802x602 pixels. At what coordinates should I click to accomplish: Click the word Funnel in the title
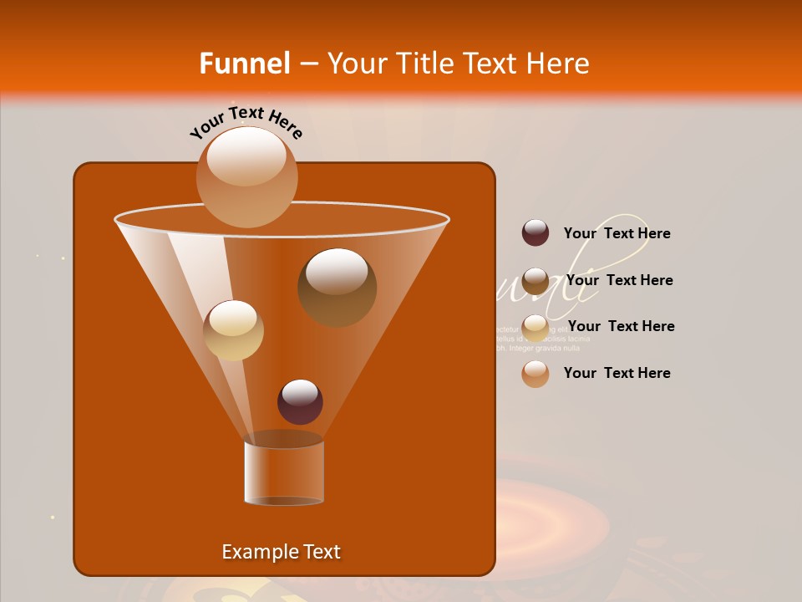(x=245, y=64)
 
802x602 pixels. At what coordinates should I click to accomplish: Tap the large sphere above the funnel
(x=246, y=177)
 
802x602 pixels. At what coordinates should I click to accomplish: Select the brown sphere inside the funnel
(x=337, y=287)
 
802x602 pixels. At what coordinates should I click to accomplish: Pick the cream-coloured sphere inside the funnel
(x=233, y=330)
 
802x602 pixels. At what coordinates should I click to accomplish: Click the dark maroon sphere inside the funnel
(x=300, y=401)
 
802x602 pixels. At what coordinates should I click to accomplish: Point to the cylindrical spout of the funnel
(x=284, y=472)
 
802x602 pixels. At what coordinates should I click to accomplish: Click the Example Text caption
(x=281, y=552)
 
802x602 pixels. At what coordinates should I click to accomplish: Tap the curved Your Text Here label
(x=246, y=121)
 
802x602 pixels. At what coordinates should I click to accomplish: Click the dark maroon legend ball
(x=536, y=233)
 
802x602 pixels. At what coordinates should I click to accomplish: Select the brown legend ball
(x=536, y=280)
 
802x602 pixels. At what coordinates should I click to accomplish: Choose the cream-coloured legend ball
(x=536, y=327)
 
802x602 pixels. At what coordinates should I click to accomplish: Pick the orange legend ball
(x=536, y=374)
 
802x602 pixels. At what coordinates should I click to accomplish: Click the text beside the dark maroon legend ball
(x=617, y=234)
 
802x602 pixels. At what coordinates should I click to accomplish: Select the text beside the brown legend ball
(x=619, y=280)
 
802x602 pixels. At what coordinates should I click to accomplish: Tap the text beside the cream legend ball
(x=621, y=326)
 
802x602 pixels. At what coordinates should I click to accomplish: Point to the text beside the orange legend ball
(x=617, y=373)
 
